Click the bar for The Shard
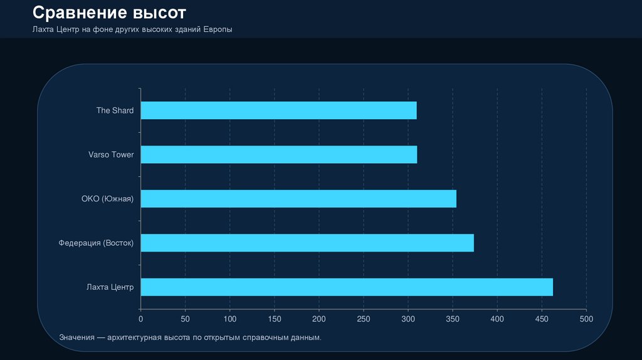point(278,110)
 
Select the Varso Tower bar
point(278,154)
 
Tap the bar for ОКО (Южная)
point(298,199)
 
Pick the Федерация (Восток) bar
point(307,243)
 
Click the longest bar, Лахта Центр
point(347,287)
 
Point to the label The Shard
point(115,110)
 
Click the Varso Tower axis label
point(111,154)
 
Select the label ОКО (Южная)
point(107,199)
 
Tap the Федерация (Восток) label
point(96,243)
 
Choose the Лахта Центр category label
point(110,287)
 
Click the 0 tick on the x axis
point(141,319)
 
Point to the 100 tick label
point(230,319)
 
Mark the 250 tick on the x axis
point(364,319)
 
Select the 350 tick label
point(453,319)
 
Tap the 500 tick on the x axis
point(586,319)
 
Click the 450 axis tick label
point(542,319)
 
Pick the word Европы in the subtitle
point(218,29)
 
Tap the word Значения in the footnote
point(77,338)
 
